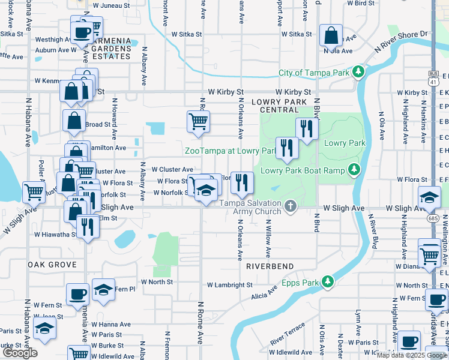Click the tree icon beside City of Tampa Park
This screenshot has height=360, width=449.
pyautogui.click(x=359, y=73)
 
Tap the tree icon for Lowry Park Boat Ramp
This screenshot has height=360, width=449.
pyautogui.click(x=354, y=170)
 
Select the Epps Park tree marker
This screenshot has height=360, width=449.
pyautogui.click(x=327, y=280)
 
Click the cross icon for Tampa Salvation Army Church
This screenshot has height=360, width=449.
pyautogui.click(x=291, y=206)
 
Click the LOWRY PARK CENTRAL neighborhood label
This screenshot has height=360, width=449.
pyautogui.click(x=275, y=106)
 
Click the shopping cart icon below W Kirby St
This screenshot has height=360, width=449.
pyautogui.click(x=198, y=122)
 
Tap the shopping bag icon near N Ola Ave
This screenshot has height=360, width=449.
pyautogui.click(x=331, y=35)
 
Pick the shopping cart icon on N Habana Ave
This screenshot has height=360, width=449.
pyautogui.click(x=34, y=192)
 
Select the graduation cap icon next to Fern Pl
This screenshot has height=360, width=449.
pyautogui.click(x=103, y=290)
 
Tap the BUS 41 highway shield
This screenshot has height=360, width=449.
pyautogui.click(x=433, y=78)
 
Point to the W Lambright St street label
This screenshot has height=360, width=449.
pyautogui.click(x=229, y=286)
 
